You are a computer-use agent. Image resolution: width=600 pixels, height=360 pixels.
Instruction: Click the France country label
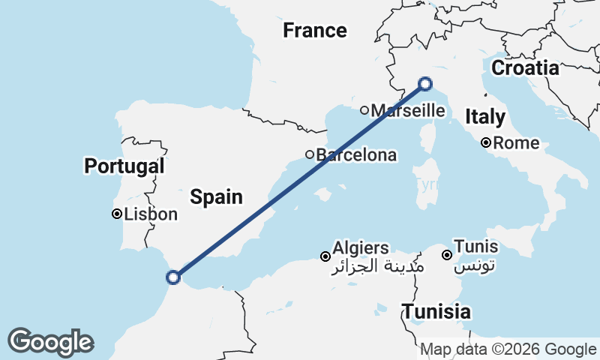point(314,31)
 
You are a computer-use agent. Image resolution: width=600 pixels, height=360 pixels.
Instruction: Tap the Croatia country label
point(525,68)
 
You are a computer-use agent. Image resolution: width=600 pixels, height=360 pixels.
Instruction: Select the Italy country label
point(484,117)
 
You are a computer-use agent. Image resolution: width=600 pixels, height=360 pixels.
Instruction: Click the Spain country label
point(216,197)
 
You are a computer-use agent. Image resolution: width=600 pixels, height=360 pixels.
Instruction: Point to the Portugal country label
point(124,166)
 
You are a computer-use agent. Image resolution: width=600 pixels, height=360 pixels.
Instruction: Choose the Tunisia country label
point(436,311)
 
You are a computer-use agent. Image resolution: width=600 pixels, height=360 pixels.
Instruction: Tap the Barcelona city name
point(356,155)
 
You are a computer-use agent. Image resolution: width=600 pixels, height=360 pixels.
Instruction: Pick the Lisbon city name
point(151,214)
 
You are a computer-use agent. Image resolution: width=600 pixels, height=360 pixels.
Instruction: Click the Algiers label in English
point(361,248)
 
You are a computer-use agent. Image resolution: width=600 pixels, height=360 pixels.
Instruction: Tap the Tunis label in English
point(476,247)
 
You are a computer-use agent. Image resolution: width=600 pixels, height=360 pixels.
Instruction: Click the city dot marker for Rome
point(486,142)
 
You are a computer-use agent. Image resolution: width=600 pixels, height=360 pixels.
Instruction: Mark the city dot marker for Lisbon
point(117,214)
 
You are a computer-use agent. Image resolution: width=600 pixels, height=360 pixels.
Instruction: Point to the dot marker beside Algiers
point(325,256)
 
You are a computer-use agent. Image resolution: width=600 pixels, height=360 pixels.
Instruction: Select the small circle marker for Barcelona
point(309,154)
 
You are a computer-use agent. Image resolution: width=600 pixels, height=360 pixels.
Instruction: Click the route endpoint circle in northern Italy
point(425,84)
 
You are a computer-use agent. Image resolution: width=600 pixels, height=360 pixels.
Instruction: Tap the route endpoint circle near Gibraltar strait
point(173,277)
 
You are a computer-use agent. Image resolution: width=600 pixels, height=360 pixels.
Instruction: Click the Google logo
point(50,342)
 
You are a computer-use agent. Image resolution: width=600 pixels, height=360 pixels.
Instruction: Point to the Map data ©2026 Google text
point(508,349)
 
